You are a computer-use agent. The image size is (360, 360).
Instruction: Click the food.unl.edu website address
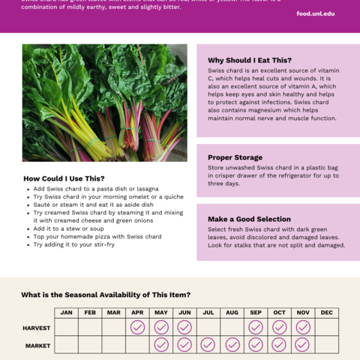316,13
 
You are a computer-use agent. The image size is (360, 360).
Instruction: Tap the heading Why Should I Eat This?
249,60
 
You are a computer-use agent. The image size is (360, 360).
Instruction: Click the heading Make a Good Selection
249,219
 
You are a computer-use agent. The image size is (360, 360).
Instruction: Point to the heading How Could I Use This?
64,178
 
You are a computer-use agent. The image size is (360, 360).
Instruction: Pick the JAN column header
66,312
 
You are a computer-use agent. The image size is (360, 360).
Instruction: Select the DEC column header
326,312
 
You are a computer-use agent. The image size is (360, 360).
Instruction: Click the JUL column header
208,312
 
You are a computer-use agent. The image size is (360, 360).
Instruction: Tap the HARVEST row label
36,328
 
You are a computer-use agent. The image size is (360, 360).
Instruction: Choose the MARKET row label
37,345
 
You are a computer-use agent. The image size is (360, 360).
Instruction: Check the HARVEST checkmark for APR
137,328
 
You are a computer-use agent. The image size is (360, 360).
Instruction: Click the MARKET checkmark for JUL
208,345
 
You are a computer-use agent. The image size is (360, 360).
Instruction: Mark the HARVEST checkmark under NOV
302,328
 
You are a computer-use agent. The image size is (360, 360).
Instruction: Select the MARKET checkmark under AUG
232,345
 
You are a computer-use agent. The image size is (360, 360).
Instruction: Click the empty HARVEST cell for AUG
232,328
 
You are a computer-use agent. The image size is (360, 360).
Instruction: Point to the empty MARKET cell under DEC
326,345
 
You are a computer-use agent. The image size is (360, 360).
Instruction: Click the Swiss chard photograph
104,103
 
